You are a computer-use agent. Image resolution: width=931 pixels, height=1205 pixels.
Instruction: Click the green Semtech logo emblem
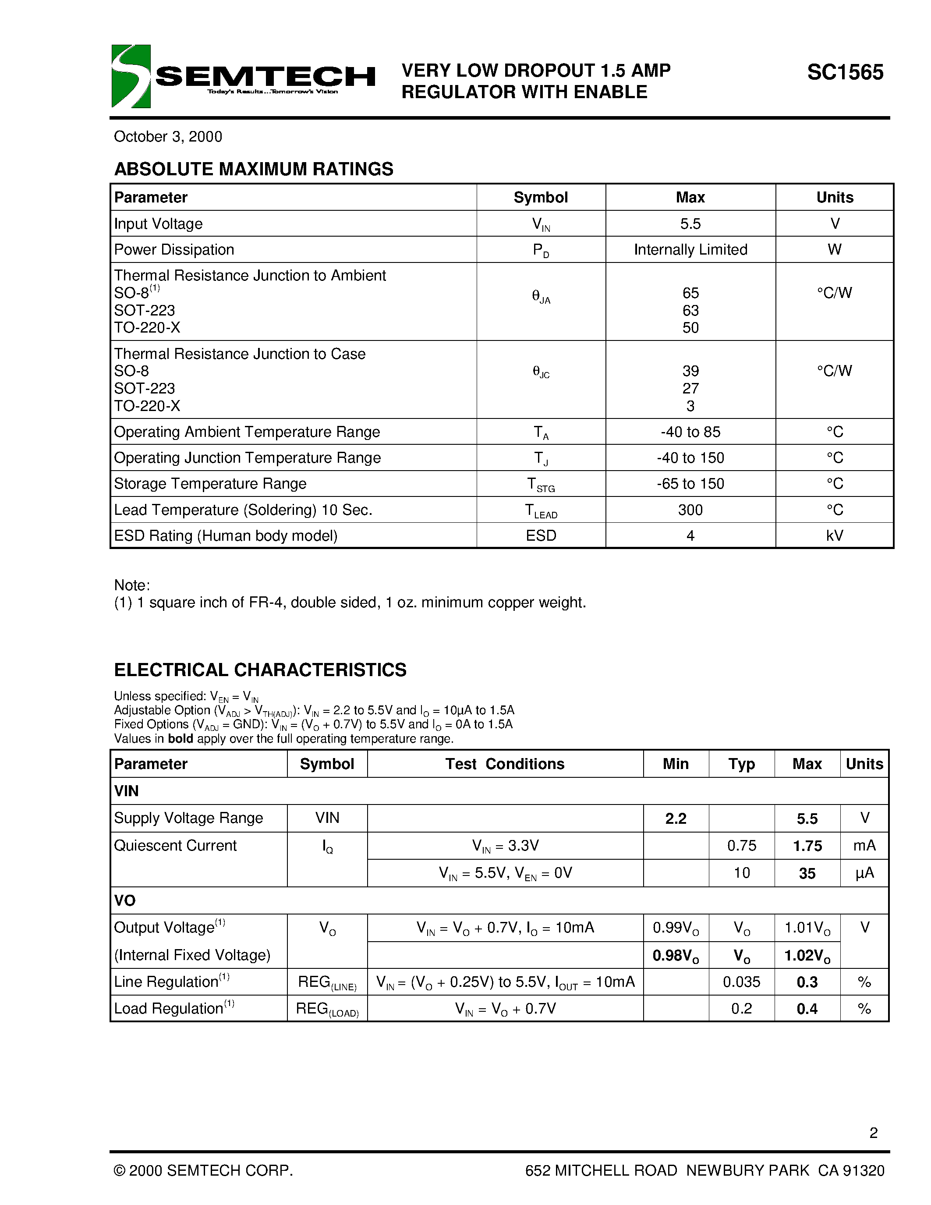click(131, 76)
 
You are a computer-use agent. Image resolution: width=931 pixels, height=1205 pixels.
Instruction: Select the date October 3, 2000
click(168, 137)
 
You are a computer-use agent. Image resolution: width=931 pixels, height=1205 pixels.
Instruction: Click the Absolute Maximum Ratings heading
click(254, 169)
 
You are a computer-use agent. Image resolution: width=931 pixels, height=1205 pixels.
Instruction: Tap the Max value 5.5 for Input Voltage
click(690, 223)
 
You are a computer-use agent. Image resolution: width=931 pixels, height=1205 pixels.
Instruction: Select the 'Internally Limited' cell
click(690, 249)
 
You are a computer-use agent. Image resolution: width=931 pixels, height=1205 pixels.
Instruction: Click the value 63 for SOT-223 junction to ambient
click(690, 310)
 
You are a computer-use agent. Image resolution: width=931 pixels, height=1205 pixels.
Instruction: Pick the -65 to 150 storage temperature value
click(690, 483)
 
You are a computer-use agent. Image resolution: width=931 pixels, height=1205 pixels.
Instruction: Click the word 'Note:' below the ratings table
click(132, 585)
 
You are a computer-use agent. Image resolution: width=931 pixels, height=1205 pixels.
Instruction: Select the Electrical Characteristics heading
click(260, 670)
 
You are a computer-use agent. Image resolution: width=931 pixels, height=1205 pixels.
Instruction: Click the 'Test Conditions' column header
click(505, 764)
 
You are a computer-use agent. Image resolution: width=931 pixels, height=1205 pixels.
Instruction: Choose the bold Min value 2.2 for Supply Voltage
click(675, 818)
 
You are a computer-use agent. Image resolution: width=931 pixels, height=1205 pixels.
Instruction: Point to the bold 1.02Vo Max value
click(807, 956)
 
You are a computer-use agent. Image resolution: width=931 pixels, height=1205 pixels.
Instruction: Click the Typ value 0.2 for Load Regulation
click(741, 1009)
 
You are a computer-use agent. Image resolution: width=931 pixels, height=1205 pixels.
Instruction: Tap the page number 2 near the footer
click(873, 1133)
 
